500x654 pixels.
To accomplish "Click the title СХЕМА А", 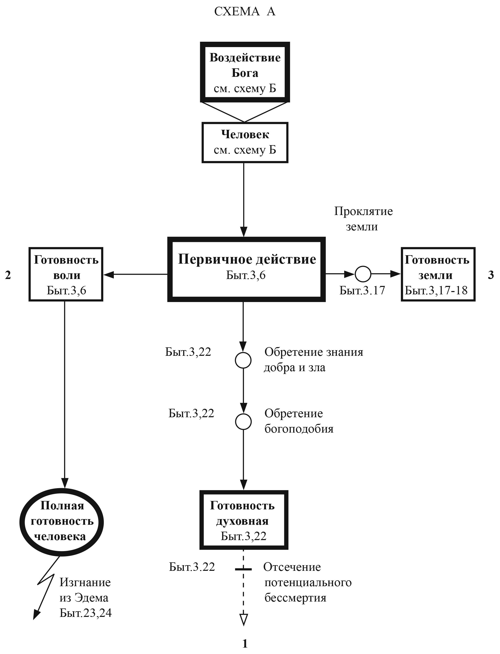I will pyautogui.click(x=245, y=12).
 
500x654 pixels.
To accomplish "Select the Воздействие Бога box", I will pyautogui.click(x=245, y=72).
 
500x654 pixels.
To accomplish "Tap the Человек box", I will pyautogui.click(x=245, y=142).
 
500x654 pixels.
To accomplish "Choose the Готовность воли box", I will pyautogui.click(x=66, y=274).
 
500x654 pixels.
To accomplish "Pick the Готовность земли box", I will pyautogui.click(x=438, y=274).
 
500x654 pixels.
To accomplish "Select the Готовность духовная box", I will pyautogui.click(x=243, y=520).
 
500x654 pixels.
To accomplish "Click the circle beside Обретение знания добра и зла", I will pyautogui.click(x=243, y=360).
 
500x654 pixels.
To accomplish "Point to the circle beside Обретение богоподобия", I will pyautogui.click(x=243, y=422).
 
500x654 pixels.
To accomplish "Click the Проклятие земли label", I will pyautogui.click(x=363, y=219).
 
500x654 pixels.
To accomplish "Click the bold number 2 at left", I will pyautogui.click(x=8, y=275).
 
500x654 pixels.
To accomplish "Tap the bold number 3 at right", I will pyautogui.click(x=491, y=275).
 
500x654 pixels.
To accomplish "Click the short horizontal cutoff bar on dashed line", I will pyautogui.click(x=243, y=569).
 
